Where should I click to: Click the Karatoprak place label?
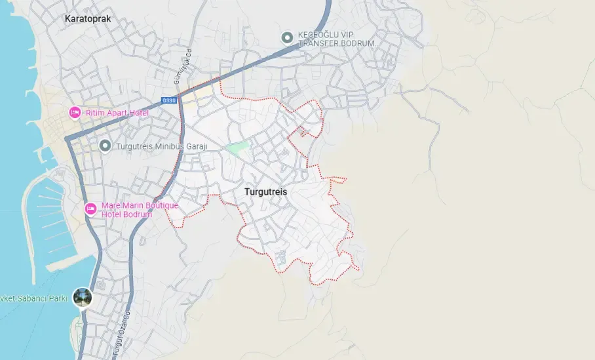click(x=88, y=19)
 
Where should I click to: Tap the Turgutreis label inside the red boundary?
click(x=265, y=192)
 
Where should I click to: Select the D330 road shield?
click(x=168, y=100)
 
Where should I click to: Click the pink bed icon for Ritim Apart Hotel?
click(x=75, y=113)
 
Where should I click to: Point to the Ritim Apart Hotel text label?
click(x=117, y=113)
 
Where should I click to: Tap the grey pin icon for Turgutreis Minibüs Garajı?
click(x=105, y=146)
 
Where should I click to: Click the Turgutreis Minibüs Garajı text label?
click(x=161, y=146)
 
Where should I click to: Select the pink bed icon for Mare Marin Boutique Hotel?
click(x=91, y=209)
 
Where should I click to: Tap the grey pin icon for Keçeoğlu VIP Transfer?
click(x=286, y=37)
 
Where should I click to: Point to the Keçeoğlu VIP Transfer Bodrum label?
click(x=336, y=39)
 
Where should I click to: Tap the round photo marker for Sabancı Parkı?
click(x=83, y=298)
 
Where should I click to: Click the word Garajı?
click(x=192, y=146)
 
